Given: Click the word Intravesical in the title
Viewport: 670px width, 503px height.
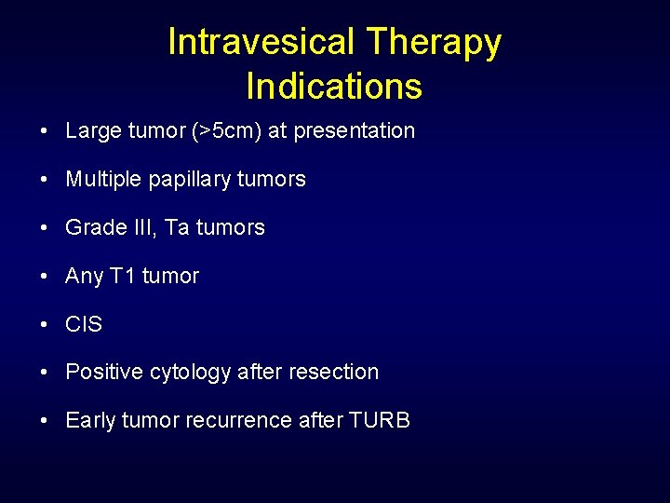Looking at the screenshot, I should tap(261, 42).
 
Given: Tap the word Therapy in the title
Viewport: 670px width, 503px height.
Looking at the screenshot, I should tap(434, 42).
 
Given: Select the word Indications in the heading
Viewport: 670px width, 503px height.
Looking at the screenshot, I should tap(334, 87).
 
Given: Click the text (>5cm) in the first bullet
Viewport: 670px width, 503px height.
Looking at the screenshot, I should tap(226, 131).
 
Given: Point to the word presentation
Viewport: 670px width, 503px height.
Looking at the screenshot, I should tap(354, 131).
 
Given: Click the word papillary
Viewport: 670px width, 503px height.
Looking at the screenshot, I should tap(192, 179).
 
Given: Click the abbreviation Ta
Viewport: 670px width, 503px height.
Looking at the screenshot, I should tap(176, 227).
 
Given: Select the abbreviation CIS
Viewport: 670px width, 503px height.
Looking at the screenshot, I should tap(84, 324).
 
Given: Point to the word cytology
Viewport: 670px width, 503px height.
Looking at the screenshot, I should tap(187, 373).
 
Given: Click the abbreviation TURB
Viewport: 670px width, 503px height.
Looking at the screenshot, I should tap(379, 421).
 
